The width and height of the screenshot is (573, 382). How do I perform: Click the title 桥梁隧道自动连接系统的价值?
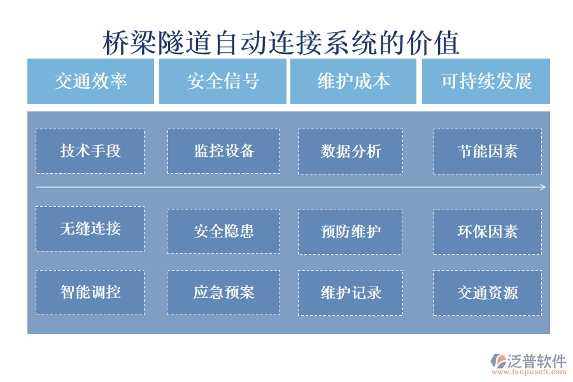(x=281, y=43)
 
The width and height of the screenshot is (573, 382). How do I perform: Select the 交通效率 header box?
(x=90, y=81)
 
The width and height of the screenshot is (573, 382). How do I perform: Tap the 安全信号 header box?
(x=223, y=81)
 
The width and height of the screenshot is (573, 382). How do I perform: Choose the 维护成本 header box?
(x=353, y=81)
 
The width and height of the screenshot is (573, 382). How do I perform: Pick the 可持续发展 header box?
(x=486, y=81)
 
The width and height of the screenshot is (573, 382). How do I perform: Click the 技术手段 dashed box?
(x=90, y=151)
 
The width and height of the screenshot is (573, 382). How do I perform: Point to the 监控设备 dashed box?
(x=223, y=151)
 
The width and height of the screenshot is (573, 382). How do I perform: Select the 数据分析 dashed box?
(x=350, y=151)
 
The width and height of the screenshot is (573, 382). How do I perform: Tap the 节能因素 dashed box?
(x=487, y=151)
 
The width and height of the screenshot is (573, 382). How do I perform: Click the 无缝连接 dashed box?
(x=90, y=229)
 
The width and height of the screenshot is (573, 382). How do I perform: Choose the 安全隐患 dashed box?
(x=223, y=231)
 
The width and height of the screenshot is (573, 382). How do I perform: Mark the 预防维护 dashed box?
(x=350, y=231)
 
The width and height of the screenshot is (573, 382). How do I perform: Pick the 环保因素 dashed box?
(x=487, y=231)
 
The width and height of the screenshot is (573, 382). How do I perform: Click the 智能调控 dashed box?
(x=90, y=292)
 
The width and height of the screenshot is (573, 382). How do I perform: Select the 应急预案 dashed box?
(x=223, y=292)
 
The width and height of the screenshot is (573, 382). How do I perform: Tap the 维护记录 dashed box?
(x=350, y=292)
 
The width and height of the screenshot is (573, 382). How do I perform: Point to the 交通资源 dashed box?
(x=487, y=292)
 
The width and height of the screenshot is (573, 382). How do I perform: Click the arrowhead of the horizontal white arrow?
(x=543, y=187)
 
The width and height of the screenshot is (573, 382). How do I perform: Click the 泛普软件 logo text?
(x=536, y=361)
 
